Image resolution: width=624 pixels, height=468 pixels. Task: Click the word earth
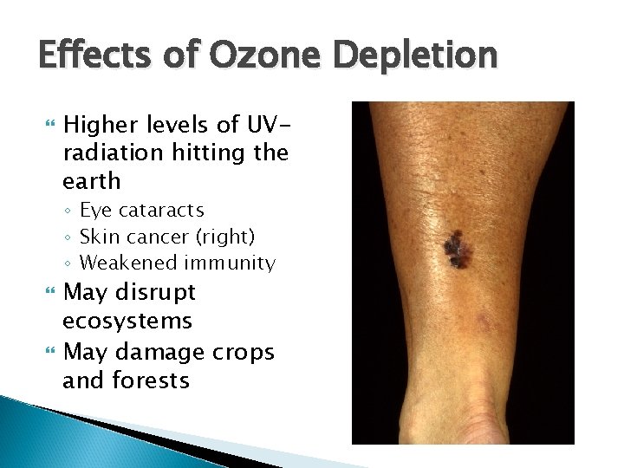[x=91, y=181]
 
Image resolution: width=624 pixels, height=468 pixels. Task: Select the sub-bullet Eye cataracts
[x=142, y=210]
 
